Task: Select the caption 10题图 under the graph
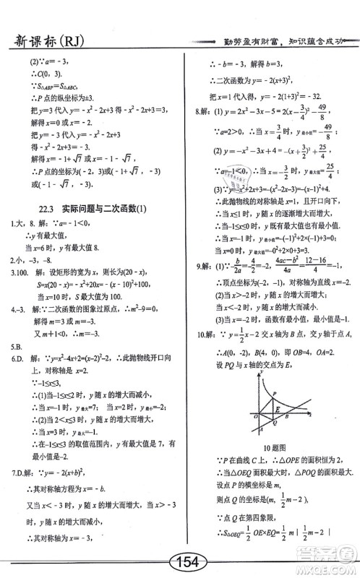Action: coord(275,448)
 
